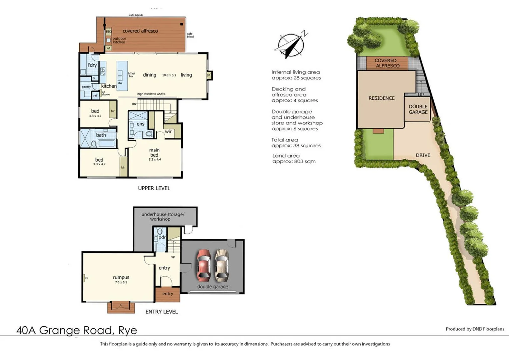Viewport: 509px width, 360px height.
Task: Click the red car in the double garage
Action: click(x=203, y=265)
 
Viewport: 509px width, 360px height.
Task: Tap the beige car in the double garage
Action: click(x=221, y=265)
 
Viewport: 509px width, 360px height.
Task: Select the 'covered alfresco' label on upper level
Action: click(x=140, y=31)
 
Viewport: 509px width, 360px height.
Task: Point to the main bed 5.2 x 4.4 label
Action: click(x=154, y=155)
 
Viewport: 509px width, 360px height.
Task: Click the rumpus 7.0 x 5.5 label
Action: click(x=121, y=279)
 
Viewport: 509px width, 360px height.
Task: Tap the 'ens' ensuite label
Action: click(x=140, y=124)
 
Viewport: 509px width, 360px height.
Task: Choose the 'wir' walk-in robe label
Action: click(x=168, y=132)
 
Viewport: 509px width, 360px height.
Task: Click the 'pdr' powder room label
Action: click(x=162, y=237)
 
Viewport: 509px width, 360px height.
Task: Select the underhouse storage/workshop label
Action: click(x=163, y=217)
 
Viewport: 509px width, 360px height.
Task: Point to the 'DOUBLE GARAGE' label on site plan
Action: click(x=418, y=109)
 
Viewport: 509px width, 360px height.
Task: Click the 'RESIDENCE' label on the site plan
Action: click(x=381, y=98)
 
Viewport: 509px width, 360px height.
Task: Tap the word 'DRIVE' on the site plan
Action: click(x=423, y=155)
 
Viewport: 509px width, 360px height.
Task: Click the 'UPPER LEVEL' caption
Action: click(x=154, y=188)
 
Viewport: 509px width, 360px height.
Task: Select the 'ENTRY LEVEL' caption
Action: click(x=162, y=312)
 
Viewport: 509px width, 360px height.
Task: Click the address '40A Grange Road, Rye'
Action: click(x=77, y=330)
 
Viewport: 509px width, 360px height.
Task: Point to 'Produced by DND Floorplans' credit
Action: click(x=475, y=329)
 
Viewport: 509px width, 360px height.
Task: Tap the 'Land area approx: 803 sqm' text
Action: click(x=294, y=159)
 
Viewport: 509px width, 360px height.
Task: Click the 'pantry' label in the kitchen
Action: click(x=86, y=87)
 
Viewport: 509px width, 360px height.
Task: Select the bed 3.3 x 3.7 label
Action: click(x=95, y=113)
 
